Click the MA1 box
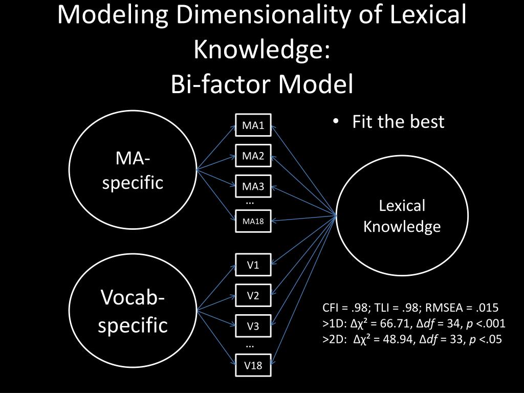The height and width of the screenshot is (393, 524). click(x=253, y=125)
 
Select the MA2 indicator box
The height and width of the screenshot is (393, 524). click(x=253, y=156)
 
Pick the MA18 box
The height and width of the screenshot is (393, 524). click(x=253, y=221)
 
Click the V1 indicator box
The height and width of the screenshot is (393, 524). click(x=253, y=265)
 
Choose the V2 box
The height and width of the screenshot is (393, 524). click(x=253, y=295)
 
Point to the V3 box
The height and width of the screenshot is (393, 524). click(x=253, y=326)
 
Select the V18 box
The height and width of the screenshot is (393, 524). click(x=253, y=365)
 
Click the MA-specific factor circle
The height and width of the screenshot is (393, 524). click(x=133, y=169)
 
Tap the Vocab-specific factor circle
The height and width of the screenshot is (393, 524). click(x=133, y=311)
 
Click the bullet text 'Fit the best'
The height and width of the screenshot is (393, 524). click(x=398, y=122)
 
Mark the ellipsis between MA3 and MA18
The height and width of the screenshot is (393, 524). click(x=250, y=202)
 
